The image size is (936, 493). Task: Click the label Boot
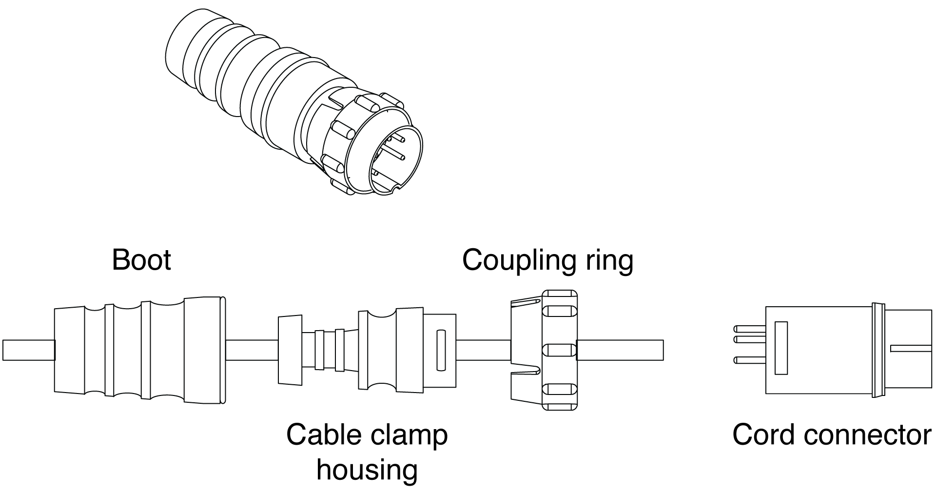(141, 260)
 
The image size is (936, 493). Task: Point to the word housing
(367, 469)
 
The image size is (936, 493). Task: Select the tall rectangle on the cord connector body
(781, 348)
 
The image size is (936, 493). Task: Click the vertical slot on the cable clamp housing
(441, 350)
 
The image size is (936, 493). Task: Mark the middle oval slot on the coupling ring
(559, 350)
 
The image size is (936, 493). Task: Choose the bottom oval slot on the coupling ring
(559, 390)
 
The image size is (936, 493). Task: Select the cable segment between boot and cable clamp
(252, 350)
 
